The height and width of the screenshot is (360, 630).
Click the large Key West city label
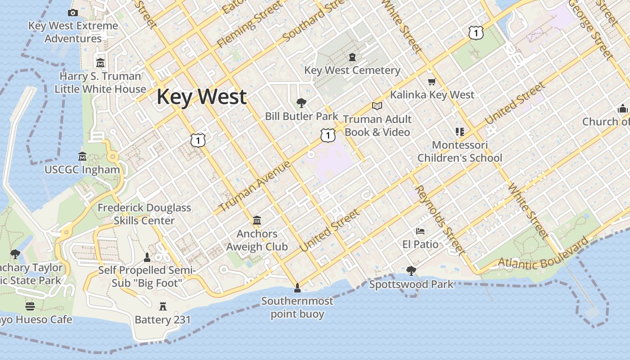pyautogui.click(x=202, y=97)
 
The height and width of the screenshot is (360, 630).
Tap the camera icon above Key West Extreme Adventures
pyautogui.click(x=73, y=13)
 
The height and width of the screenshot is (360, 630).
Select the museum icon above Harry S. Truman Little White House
pyautogui.click(x=100, y=63)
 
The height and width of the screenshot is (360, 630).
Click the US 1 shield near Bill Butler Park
pyautogui.click(x=328, y=135)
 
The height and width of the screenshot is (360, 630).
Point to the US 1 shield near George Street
pyautogui.click(x=476, y=32)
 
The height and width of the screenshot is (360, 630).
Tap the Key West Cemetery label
pyautogui.click(x=352, y=70)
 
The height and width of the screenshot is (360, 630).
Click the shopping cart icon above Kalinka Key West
pyautogui.click(x=432, y=81)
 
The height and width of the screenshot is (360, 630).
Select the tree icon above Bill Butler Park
pyautogui.click(x=301, y=103)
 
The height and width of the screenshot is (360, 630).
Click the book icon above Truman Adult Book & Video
pyautogui.click(x=377, y=106)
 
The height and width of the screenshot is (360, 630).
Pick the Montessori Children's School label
pyautogui.click(x=459, y=152)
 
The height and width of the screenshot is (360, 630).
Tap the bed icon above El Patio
pyautogui.click(x=420, y=231)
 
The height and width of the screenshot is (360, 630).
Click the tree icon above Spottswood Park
pyautogui.click(x=411, y=271)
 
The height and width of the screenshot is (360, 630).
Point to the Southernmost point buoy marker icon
pyautogui.click(x=297, y=288)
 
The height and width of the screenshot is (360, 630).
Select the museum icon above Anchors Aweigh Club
pyautogui.click(x=257, y=220)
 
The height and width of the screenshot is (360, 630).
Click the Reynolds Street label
pyautogui.click(x=440, y=219)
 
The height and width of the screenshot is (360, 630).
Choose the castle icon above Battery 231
pyautogui.click(x=163, y=306)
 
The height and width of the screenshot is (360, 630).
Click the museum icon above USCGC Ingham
pyautogui.click(x=82, y=157)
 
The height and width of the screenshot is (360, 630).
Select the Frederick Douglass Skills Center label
pyautogui.click(x=144, y=214)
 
